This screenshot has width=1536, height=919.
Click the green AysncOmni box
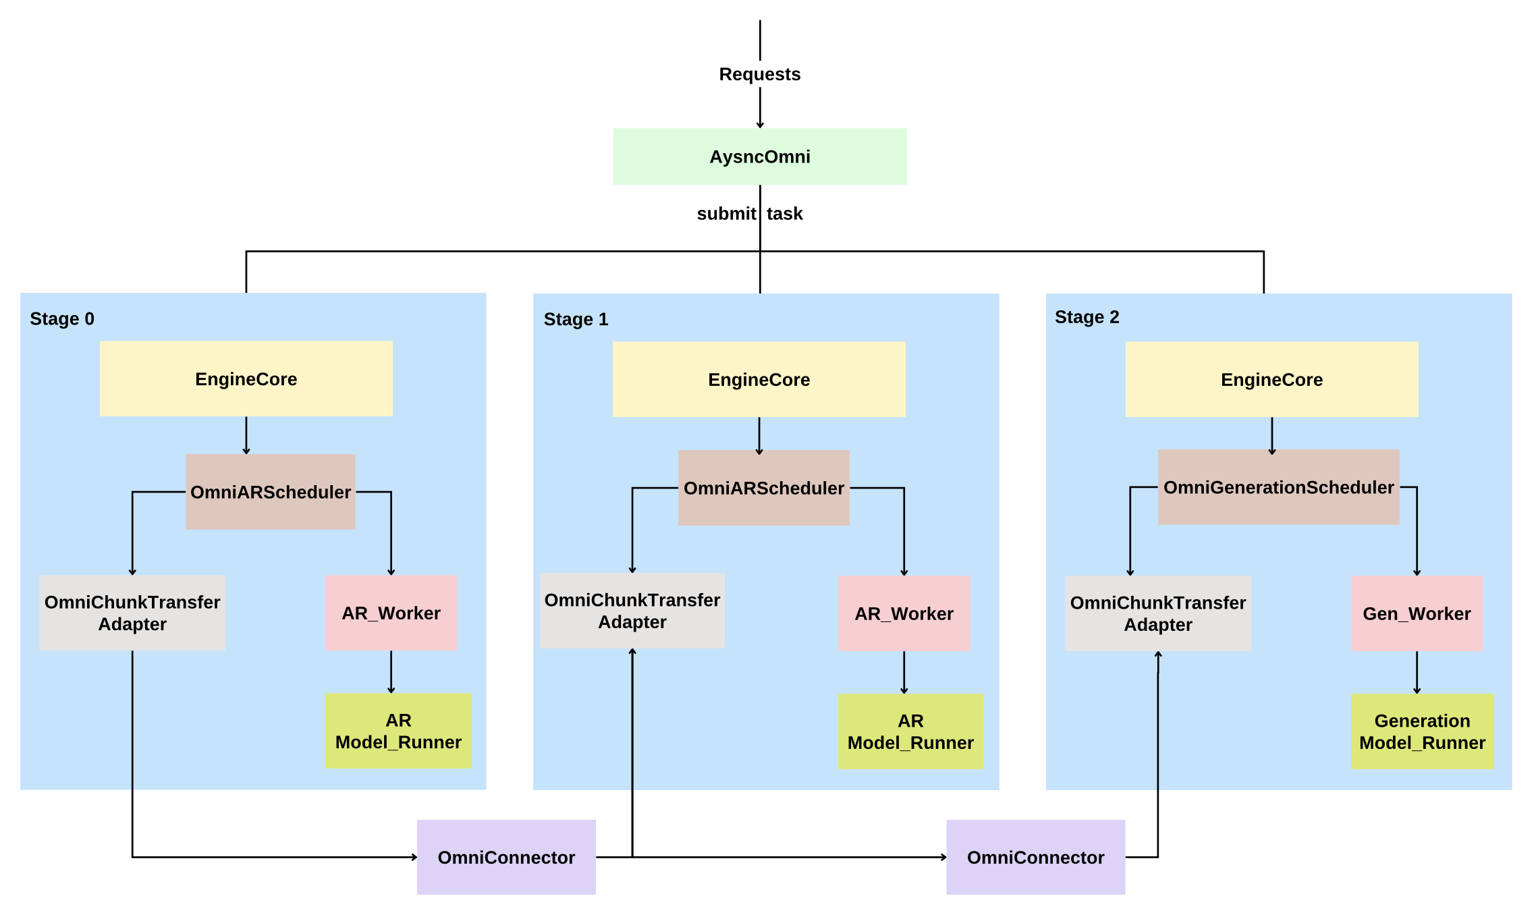click(760, 157)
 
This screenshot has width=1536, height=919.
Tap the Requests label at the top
click(760, 74)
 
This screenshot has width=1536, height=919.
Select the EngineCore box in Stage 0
click(246, 379)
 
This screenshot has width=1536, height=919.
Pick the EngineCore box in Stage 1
click(759, 379)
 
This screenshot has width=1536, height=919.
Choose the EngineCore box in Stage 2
click(1272, 379)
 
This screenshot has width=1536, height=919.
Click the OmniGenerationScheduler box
click(1279, 487)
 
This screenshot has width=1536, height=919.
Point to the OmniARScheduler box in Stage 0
click(271, 492)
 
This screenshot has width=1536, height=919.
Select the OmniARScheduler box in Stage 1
click(764, 488)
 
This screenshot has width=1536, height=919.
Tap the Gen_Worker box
click(1417, 613)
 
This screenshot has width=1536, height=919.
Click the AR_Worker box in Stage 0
click(391, 613)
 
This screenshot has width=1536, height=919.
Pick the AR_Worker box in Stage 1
click(904, 613)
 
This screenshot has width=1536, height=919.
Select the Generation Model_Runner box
click(1423, 731)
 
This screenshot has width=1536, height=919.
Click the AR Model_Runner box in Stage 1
click(911, 731)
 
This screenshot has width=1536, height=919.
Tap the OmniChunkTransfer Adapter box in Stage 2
click(1158, 613)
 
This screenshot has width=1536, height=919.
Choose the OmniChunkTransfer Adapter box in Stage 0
click(132, 613)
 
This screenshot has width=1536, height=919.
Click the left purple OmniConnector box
click(506, 857)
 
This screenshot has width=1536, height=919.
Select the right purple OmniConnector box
click(1036, 857)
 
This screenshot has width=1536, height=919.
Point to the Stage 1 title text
click(576, 319)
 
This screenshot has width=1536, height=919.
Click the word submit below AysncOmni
click(726, 214)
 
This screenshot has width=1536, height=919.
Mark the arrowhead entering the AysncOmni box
click(760, 125)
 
